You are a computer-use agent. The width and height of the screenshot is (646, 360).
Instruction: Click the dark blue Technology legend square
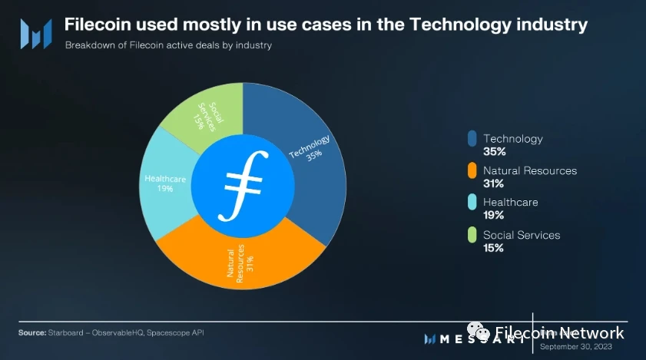(472, 139)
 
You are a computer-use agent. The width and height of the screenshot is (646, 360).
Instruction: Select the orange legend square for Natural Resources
(472, 170)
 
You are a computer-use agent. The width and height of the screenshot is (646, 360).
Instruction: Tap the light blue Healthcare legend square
(472, 203)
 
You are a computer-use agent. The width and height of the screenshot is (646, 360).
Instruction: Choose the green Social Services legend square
(472, 235)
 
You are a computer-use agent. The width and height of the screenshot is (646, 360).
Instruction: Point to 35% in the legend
(493, 152)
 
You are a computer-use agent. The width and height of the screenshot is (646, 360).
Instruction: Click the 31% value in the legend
(493, 183)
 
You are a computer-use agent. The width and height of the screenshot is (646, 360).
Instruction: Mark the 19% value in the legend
(493, 216)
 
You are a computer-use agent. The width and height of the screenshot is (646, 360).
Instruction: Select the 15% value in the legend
(493, 248)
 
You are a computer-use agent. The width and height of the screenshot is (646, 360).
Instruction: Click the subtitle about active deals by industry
(168, 45)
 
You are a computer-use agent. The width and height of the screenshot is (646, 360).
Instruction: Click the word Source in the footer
(31, 332)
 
